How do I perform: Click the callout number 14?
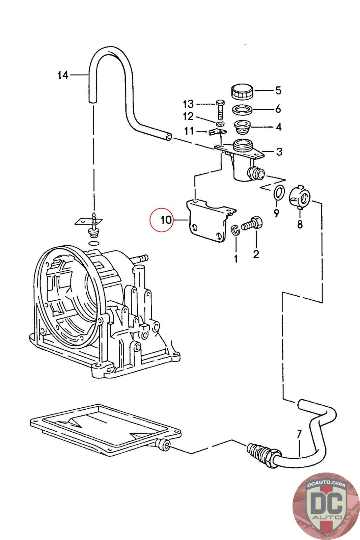(63, 75)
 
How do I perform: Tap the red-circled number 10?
(166, 220)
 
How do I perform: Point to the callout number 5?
(278, 90)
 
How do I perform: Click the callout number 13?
(188, 104)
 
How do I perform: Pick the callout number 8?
(300, 224)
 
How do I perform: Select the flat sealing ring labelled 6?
(242, 110)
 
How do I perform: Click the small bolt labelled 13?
(220, 110)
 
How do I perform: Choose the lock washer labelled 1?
(236, 229)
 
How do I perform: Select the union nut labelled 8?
(300, 197)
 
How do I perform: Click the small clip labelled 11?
(217, 132)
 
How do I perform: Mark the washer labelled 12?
(220, 124)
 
